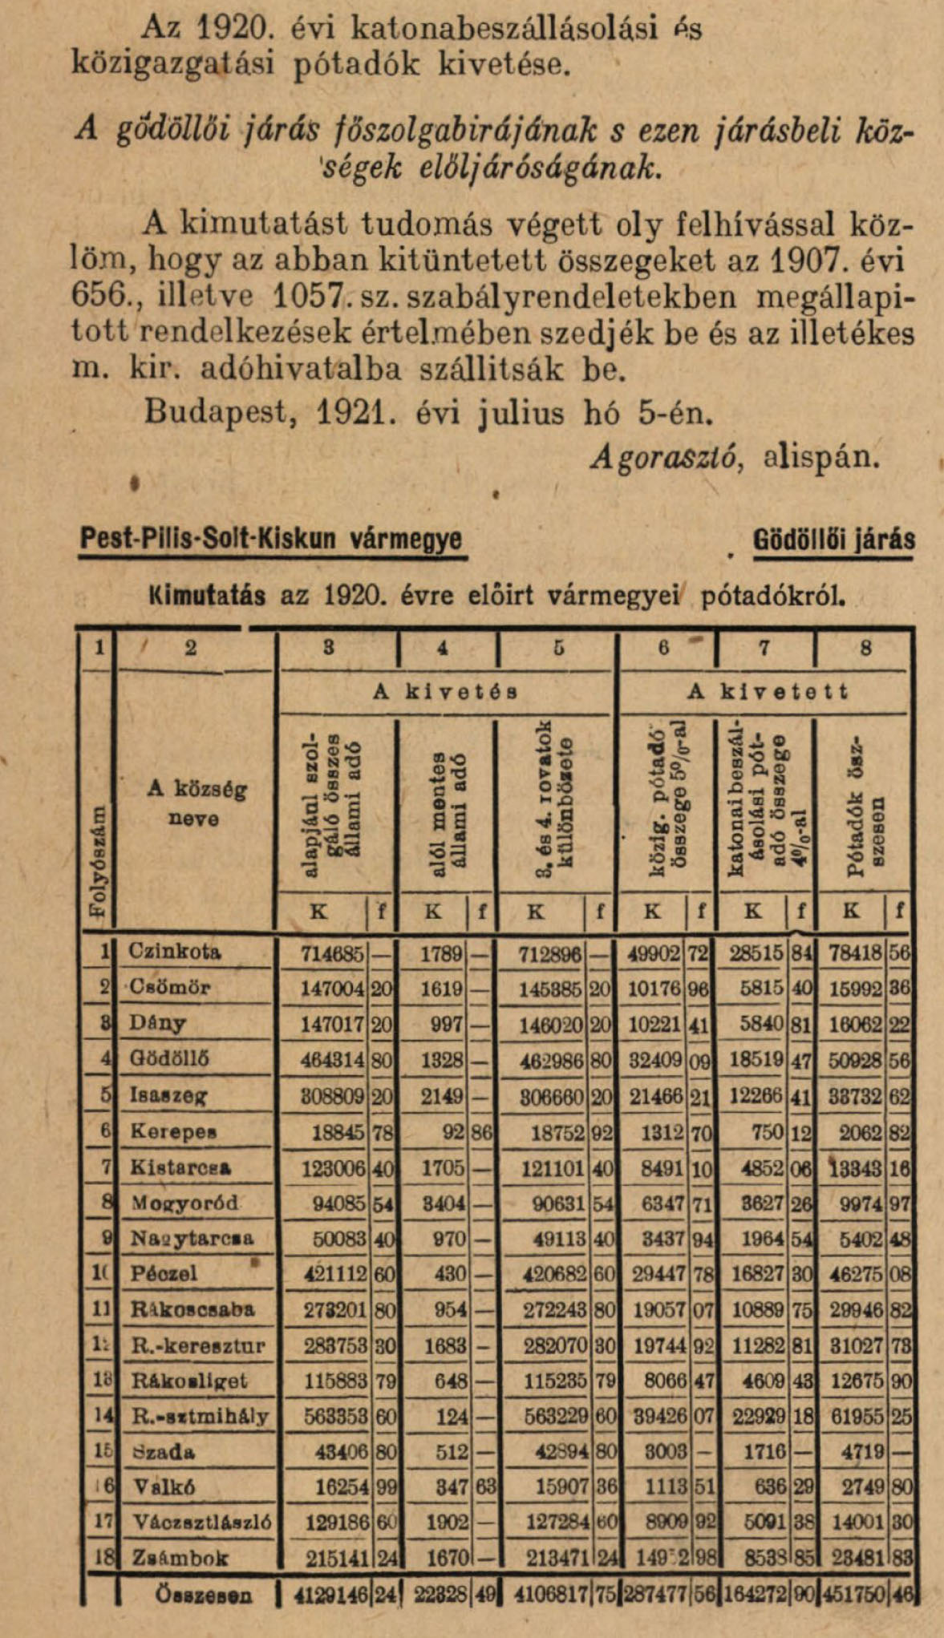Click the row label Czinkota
coord(175,952)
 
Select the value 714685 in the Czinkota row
coord(332,953)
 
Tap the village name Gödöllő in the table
coord(169,1058)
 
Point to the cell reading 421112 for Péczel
coord(334,1273)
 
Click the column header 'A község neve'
coord(196,803)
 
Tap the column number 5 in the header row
coord(558,648)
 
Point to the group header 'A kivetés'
coord(445,691)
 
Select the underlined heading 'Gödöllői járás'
coord(834,540)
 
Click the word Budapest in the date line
coord(218,412)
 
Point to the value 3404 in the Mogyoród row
coord(444,1203)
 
